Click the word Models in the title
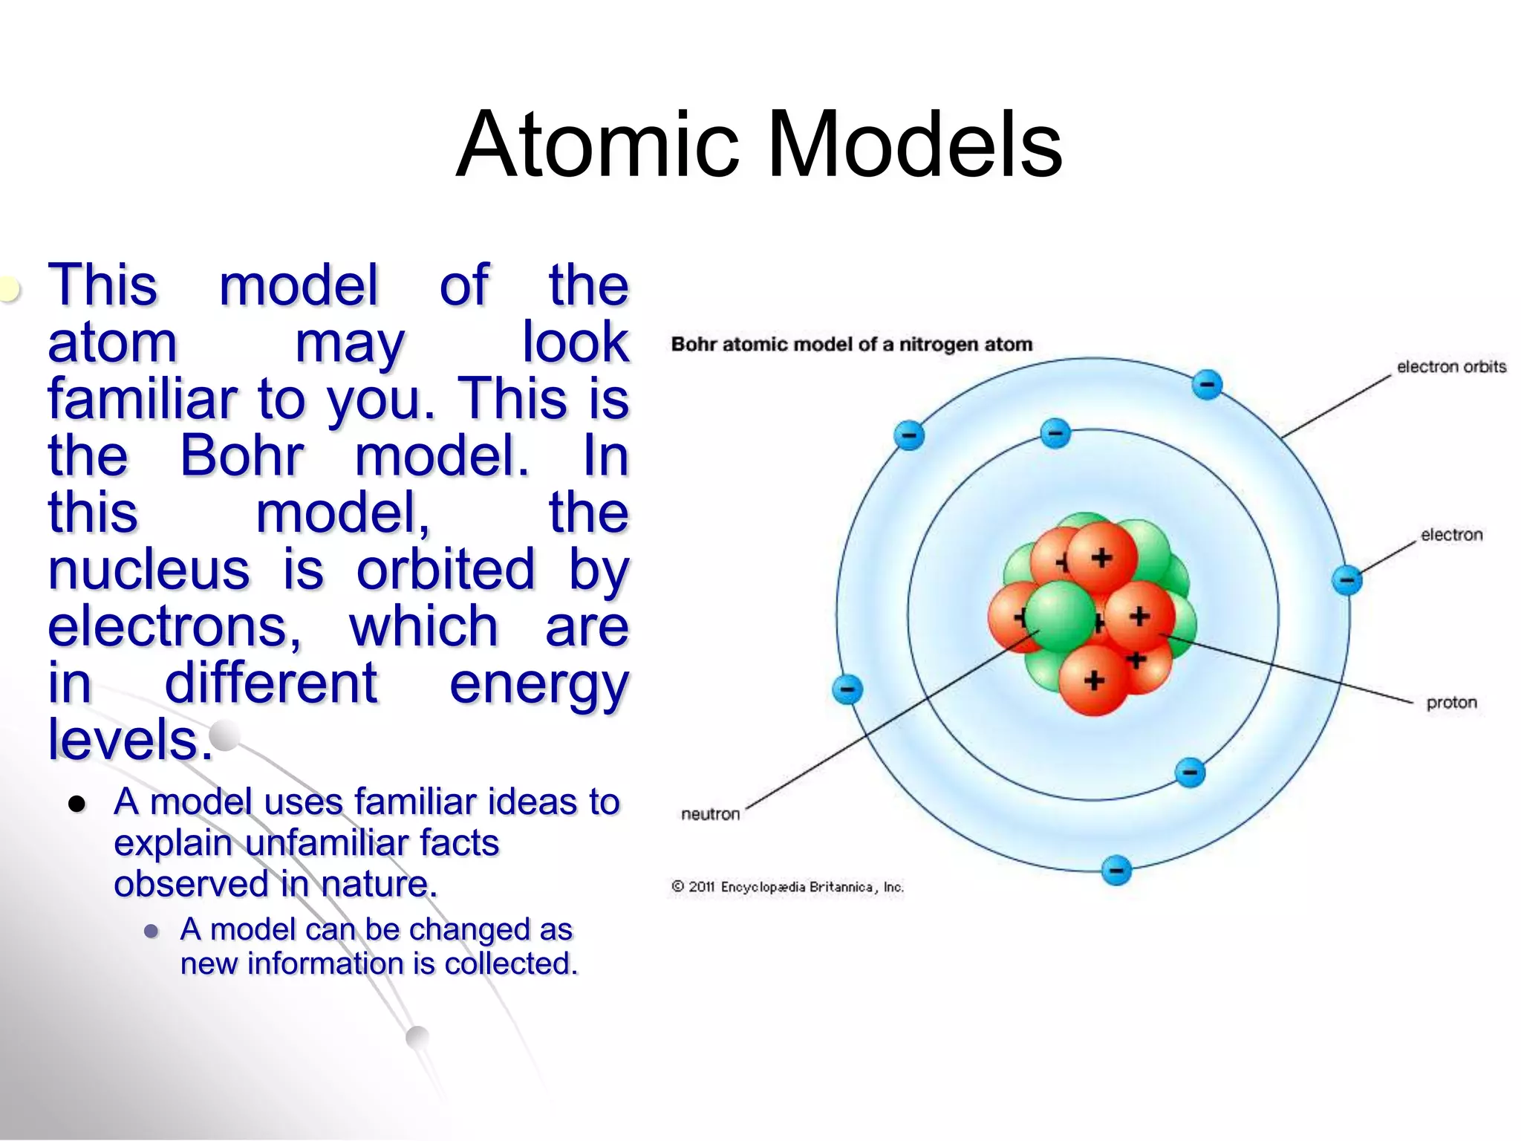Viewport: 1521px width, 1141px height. coord(914,145)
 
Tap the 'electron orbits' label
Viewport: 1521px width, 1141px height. coord(1451,366)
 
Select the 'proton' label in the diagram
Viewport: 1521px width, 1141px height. coord(1451,702)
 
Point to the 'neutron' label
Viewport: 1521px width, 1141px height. coord(710,814)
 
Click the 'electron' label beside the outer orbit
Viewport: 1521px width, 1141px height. coord(1451,534)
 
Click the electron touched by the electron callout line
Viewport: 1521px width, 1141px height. coord(1346,579)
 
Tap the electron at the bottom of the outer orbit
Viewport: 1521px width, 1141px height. coord(1115,870)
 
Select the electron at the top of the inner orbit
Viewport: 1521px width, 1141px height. coord(1055,433)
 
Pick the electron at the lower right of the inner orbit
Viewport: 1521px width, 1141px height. coord(1190,773)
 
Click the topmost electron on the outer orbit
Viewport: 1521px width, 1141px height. coord(1207,384)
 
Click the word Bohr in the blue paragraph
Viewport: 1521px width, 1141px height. coord(242,455)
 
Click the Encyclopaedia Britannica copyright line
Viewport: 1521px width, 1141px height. coord(787,886)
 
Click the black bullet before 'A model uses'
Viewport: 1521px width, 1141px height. coord(76,804)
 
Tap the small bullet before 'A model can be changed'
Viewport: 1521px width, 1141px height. coord(152,931)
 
